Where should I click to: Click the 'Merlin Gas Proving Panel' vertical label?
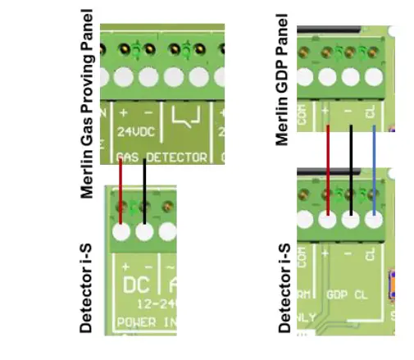pos(88,104)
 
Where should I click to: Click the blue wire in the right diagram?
pos(374,168)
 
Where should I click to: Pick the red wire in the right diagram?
pos(328,168)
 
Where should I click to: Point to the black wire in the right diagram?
pos(351,168)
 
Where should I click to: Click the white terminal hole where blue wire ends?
pos(375,220)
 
